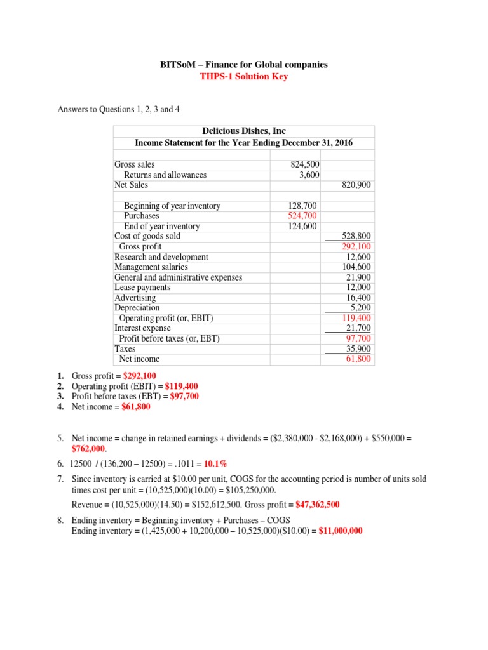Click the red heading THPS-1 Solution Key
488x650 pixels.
[x=243, y=77]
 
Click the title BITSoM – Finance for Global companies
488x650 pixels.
[x=243, y=65]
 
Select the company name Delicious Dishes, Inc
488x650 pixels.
[x=243, y=131]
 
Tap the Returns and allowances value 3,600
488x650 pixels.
[x=309, y=175]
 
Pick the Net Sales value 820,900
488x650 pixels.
[x=356, y=185]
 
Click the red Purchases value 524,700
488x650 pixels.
[x=304, y=216]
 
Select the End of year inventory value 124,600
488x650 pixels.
[x=304, y=226]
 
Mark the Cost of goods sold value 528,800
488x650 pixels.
[x=356, y=236]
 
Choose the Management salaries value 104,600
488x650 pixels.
[x=356, y=267]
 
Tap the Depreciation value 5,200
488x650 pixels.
[x=360, y=308]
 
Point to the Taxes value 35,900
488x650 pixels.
[x=358, y=349]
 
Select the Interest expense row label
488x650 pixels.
[x=142, y=328]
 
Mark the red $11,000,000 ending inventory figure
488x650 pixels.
[x=341, y=531]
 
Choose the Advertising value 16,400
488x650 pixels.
[x=358, y=298]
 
